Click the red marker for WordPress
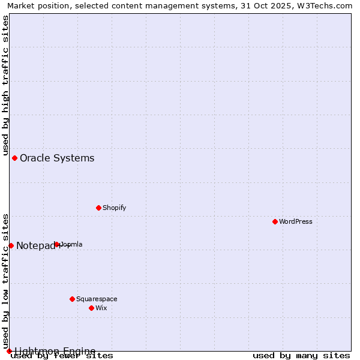(x=275, y=221)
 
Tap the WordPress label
(x=296, y=222)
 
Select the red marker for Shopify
(x=99, y=208)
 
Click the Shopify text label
(x=114, y=208)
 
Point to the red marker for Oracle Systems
(x=15, y=158)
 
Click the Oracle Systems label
(x=57, y=158)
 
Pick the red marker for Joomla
(x=57, y=244)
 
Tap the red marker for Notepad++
(x=11, y=245)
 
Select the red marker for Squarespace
(x=73, y=299)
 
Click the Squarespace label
(x=97, y=299)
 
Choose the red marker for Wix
(x=92, y=308)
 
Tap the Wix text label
(x=101, y=308)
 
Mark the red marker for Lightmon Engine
(x=9, y=351)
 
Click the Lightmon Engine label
(x=55, y=351)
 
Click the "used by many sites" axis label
(x=301, y=356)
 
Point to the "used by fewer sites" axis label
(x=62, y=356)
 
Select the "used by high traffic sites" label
(x=6, y=86)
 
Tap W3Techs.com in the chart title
(x=327, y=6)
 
